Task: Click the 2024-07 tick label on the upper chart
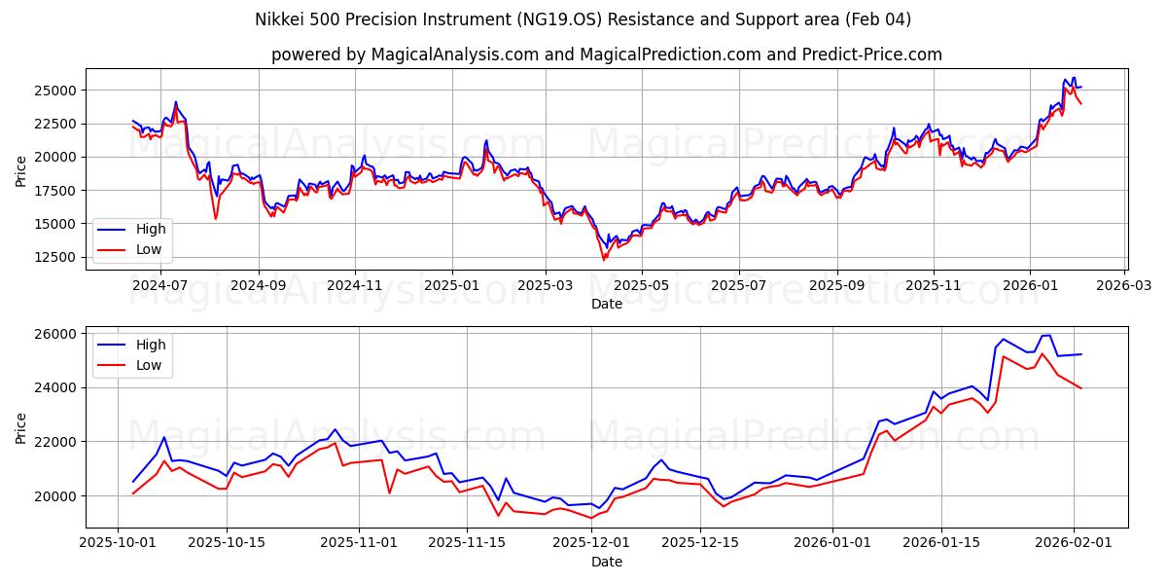(x=159, y=286)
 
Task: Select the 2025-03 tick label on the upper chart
(x=546, y=286)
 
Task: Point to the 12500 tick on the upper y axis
(x=55, y=257)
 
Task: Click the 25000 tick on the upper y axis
(x=55, y=91)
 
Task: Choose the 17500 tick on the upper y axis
(x=55, y=191)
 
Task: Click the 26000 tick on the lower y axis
(x=55, y=334)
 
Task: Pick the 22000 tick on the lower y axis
(x=55, y=442)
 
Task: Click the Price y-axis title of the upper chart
(x=21, y=171)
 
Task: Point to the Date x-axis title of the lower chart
(x=606, y=562)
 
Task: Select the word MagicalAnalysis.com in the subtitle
(x=454, y=55)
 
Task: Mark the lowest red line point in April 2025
(x=603, y=260)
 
